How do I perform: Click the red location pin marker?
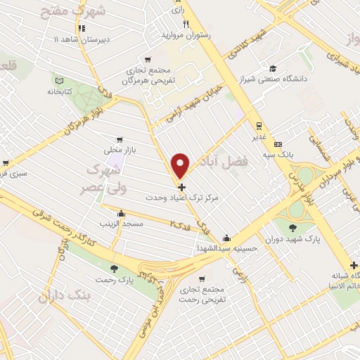point(181,165)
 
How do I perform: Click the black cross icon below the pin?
point(182,187)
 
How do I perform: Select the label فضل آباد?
point(245,162)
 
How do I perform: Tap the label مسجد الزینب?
point(123,224)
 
